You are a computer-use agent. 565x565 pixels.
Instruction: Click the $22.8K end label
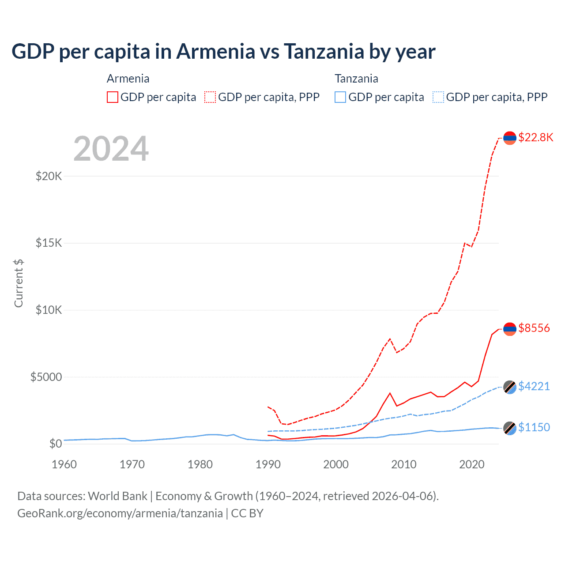(535, 137)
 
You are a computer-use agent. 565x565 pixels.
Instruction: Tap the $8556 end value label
(534, 328)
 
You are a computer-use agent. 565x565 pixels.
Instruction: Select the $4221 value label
(534, 386)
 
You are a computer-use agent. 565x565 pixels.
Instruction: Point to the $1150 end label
(534, 427)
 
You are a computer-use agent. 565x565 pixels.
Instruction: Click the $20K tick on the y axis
(49, 176)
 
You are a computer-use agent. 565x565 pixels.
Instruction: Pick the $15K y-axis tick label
(49, 243)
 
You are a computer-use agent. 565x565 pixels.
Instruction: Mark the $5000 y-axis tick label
(46, 377)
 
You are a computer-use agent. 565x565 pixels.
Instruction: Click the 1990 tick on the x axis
(268, 464)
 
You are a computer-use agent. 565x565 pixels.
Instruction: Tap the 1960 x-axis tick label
(64, 464)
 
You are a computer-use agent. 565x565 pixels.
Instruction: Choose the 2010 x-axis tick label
(404, 464)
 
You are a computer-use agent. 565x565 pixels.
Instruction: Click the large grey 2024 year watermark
(111, 149)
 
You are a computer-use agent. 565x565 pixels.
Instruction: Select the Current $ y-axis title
(19, 283)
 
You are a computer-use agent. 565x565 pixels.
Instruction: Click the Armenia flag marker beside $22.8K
(510, 138)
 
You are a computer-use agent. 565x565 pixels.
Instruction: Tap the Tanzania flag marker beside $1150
(510, 428)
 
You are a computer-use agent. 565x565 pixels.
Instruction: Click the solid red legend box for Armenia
(113, 97)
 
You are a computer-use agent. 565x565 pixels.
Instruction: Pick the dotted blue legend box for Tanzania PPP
(438, 97)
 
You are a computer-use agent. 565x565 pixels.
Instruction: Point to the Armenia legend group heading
(128, 79)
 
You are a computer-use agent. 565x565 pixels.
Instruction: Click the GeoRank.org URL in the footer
(120, 513)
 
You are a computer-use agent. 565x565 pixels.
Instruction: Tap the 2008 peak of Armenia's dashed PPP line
(390, 339)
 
